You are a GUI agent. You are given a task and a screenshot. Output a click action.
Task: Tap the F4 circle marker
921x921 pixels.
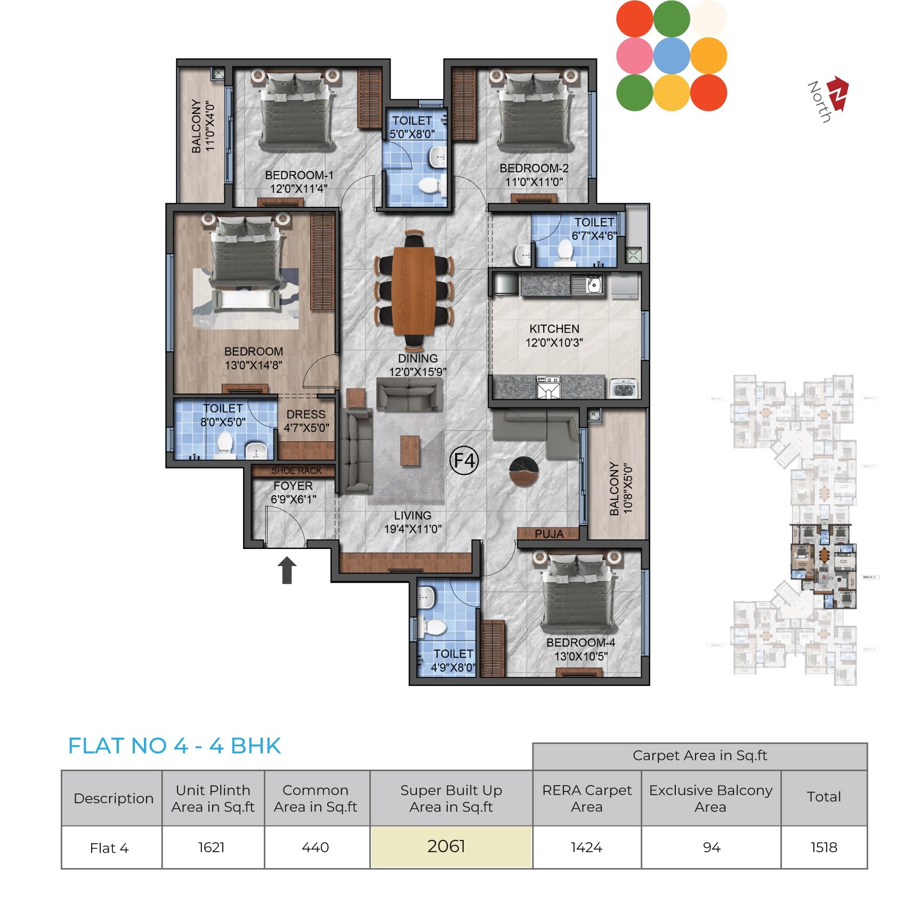pyautogui.click(x=464, y=461)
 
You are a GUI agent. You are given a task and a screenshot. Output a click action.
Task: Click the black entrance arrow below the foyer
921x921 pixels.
pyautogui.click(x=287, y=570)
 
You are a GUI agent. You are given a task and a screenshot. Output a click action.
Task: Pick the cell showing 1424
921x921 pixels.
pyautogui.click(x=586, y=847)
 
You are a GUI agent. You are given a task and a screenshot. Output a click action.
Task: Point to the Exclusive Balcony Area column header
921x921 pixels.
pyautogui.click(x=710, y=798)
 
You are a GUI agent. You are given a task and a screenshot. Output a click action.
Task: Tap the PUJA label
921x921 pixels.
pyautogui.click(x=548, y=534)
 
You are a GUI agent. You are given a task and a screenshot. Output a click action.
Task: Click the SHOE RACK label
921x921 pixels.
pyautogui.click(x=296, y=471)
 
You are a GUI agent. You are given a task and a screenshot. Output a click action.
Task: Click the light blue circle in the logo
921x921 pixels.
pyautogui.click(x=672, y=56)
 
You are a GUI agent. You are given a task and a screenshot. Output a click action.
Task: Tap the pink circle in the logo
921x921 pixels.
pyautogui.click(x=634, y=56)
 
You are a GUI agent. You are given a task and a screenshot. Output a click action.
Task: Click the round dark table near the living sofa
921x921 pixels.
pyautogui.click(x=524, y=471)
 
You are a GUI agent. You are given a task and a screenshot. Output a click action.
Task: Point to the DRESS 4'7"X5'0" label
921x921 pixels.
pyautogui.click(x=306, y=421)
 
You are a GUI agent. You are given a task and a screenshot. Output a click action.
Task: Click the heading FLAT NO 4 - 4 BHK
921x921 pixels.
pyautogui.click(x=174, y=746)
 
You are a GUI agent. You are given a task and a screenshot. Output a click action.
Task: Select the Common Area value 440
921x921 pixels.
pyautogui.click(x=316, y=847)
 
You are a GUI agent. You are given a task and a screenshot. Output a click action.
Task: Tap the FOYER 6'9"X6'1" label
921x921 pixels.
pyautogui.click(x=293, y=492)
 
